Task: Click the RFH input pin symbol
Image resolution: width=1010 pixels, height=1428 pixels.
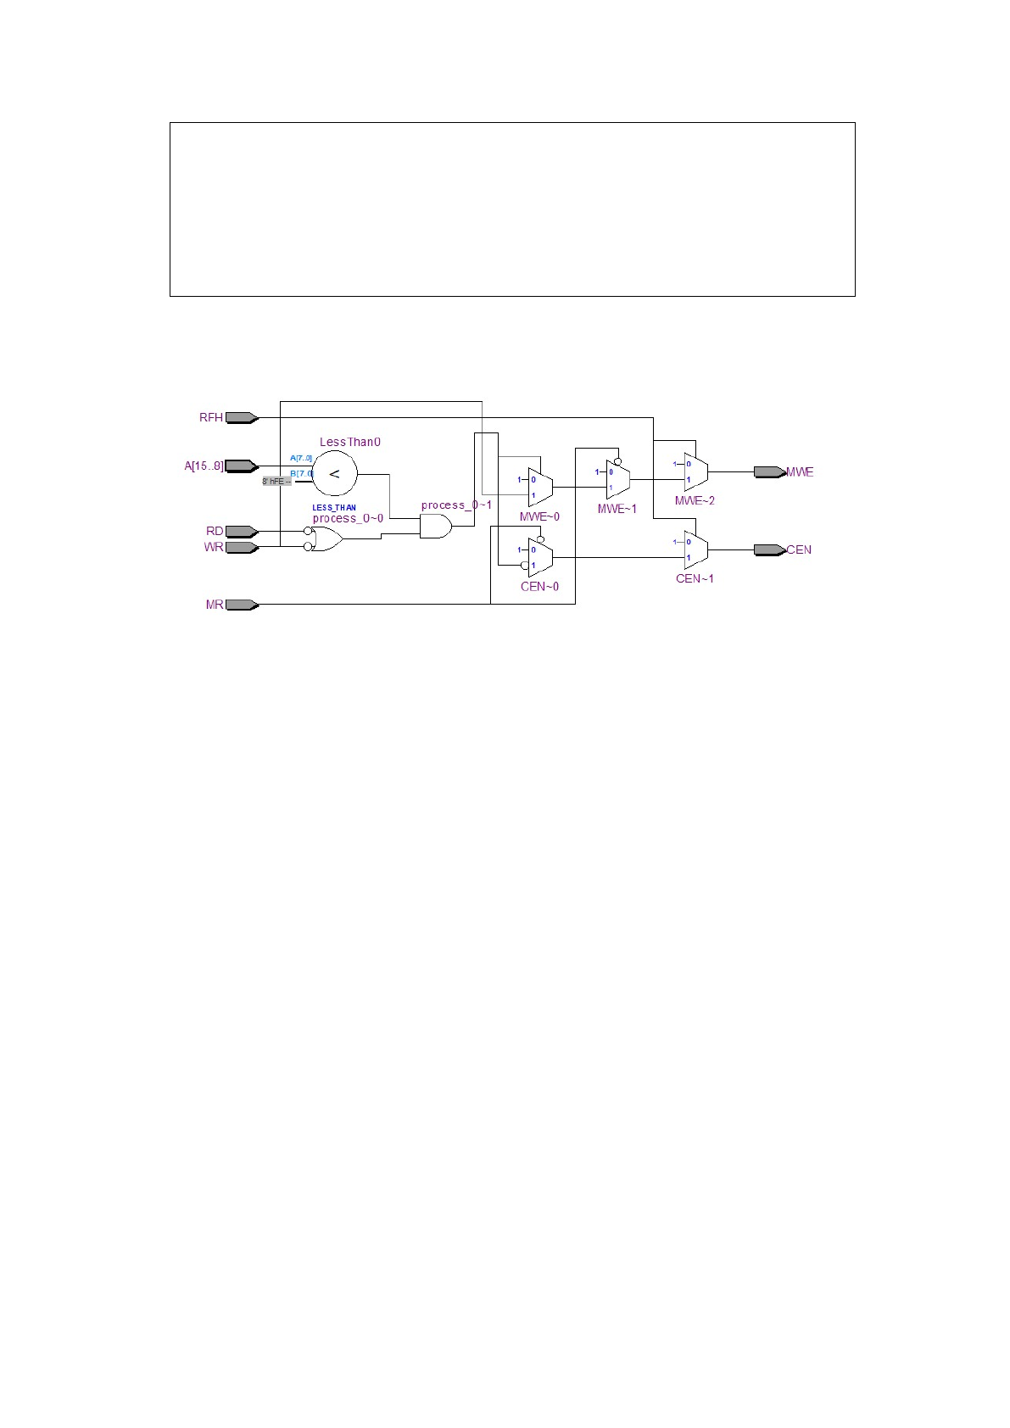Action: (x=242, y=417)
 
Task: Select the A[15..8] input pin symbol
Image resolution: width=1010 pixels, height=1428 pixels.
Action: (x=242, y=466)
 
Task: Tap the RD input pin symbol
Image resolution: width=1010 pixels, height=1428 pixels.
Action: (x=242, y=532)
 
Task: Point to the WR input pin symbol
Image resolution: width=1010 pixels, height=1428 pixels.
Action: (x=242, y=547)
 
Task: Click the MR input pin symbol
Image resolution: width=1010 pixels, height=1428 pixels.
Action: (x=242, y=605)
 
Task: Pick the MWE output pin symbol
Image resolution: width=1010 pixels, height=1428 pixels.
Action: (x=770, y=472)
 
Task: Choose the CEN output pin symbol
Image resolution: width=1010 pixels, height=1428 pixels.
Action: (x=770, y=549)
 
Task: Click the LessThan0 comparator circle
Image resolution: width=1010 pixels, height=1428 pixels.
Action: (x=334, y=474)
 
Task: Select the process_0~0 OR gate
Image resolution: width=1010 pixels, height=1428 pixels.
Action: (x=326, y=538)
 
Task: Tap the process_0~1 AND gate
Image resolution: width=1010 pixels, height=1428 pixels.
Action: (x=435, y=527)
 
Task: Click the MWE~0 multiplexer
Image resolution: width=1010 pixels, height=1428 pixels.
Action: (x=540, y=487)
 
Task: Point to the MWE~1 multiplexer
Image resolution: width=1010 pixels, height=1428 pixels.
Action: (x=618, y=480)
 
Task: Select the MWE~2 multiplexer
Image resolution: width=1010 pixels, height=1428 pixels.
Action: (x=695, y=471)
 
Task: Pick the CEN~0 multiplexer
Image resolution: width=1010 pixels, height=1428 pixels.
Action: (x=540, y=557)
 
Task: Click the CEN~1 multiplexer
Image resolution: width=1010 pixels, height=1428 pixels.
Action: (x=695, y=549)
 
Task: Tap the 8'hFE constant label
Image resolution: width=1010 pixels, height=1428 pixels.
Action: (x=276, y=481)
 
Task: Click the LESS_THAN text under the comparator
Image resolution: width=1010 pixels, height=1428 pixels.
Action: (x=334, y=508)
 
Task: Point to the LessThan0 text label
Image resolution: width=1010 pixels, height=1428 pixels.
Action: (x=350, y=442)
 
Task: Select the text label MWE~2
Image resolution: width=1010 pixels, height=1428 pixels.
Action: (x=695, y=501)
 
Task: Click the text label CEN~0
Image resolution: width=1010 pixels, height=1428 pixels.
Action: (x=539, y=587)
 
